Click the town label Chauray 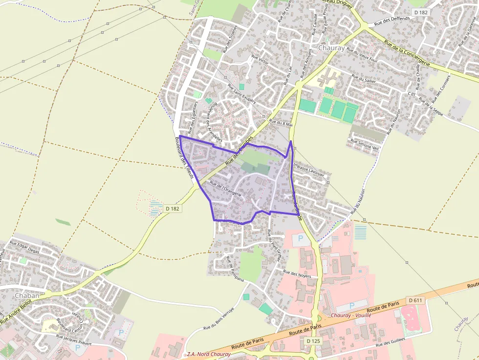(x=331, y=48)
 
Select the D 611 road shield (x=415, y=300)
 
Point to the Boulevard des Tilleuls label (x=185, y=157)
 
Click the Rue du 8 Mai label (x=280, y=122)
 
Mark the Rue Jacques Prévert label (x=74, y=339)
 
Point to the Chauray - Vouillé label (x=351, y=316)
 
